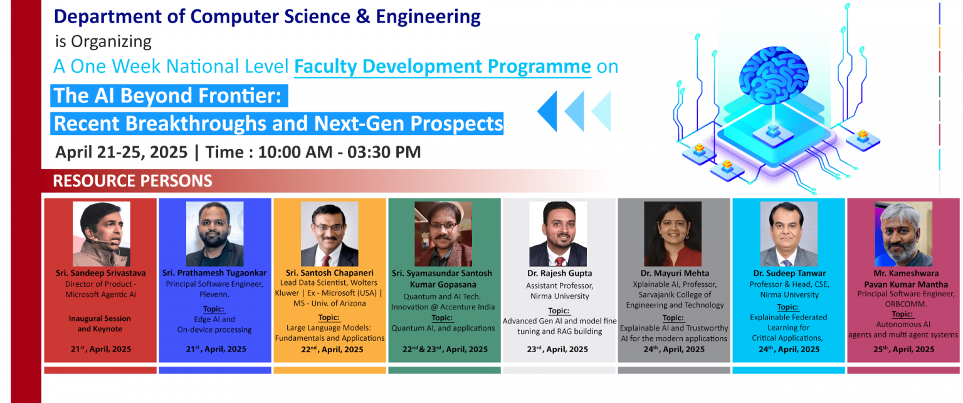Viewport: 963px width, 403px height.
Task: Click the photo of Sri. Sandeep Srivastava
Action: click(x=102, y=234)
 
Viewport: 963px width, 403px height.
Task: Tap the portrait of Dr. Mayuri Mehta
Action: click(x=673, y=234)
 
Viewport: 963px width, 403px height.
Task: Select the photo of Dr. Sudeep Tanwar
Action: click(x=789, y=234)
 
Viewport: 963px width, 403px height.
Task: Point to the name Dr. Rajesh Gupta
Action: click(x=559, y=273)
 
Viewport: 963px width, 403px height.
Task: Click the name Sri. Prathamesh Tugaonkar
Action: click(x=214, y=273)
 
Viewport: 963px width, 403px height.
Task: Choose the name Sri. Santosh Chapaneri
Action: click(x=330, y=273)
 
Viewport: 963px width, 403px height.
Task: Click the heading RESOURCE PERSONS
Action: click(x=132, y=181)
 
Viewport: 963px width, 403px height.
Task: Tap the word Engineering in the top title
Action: click(x=428, y=17)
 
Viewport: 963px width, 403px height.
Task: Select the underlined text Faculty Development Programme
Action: click(x=443, y=67)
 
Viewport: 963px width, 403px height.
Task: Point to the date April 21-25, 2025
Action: click(x=121, y=153)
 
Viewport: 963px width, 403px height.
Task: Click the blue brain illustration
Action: click(x=774, y=76)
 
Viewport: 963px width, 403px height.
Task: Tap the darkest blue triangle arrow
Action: click(x=549, y=111)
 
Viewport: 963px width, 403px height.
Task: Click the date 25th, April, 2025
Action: click(x=903, y=349)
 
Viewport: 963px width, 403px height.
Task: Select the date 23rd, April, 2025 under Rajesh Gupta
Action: click(x=557, y=349)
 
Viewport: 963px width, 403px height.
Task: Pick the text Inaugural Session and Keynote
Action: click(x=100, y=324)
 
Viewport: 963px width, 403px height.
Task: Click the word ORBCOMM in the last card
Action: click(x=905, y=304)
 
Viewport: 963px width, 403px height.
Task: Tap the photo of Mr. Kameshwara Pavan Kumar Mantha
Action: click(x=903, y=234)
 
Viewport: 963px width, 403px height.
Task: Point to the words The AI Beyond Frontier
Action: click(x=167, y=95)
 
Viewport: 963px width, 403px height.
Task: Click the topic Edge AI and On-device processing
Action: click(x=214, y=325)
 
